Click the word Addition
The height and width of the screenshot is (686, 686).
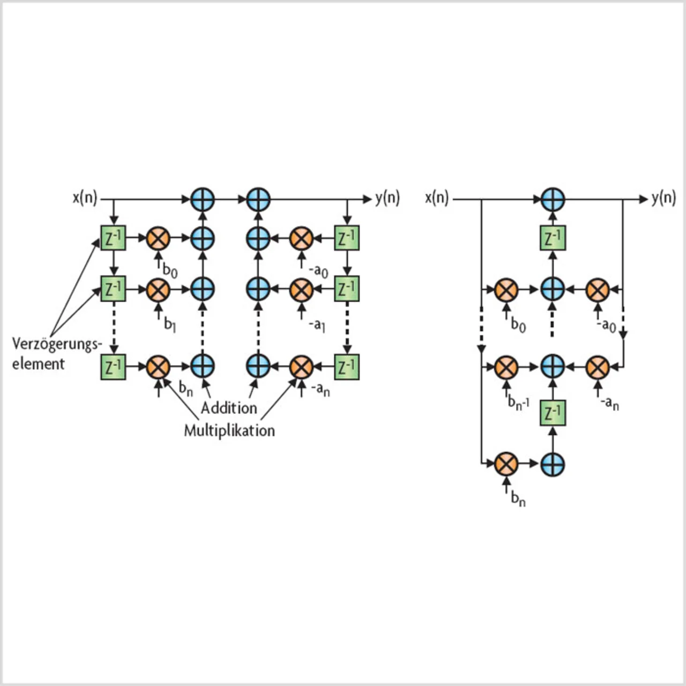click(x=229, y=408)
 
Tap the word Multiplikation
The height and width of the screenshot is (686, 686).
click(x=229, y=430)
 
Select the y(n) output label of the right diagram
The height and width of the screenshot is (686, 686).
click(x=663, y=198)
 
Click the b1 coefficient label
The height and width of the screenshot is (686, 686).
click(x=170, y=324)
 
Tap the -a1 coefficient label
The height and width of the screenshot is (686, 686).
click(x=317, y=325)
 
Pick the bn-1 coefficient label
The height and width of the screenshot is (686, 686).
click(x=518, y=402)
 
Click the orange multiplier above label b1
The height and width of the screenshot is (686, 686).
click(x=158, y=290)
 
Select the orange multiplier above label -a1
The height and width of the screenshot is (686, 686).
click(x=301, y=290)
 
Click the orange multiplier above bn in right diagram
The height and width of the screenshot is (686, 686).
click(x=506, y=464)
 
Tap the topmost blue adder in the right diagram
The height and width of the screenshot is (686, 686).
click(x=553, y=199)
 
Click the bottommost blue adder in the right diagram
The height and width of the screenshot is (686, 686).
click(x=553, y=464)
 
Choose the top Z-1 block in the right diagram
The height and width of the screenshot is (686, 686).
click(x=553, y=237)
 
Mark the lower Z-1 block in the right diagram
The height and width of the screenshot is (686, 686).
click(x=553, y=413)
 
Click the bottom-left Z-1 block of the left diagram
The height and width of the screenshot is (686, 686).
click(x=113, y=367)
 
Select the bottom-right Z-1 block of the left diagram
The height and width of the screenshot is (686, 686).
click(x=347, y=367)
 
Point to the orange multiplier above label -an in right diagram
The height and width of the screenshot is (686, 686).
click(x=598, y=367)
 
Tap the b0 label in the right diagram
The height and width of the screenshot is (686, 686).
click(x=518, y=325)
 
